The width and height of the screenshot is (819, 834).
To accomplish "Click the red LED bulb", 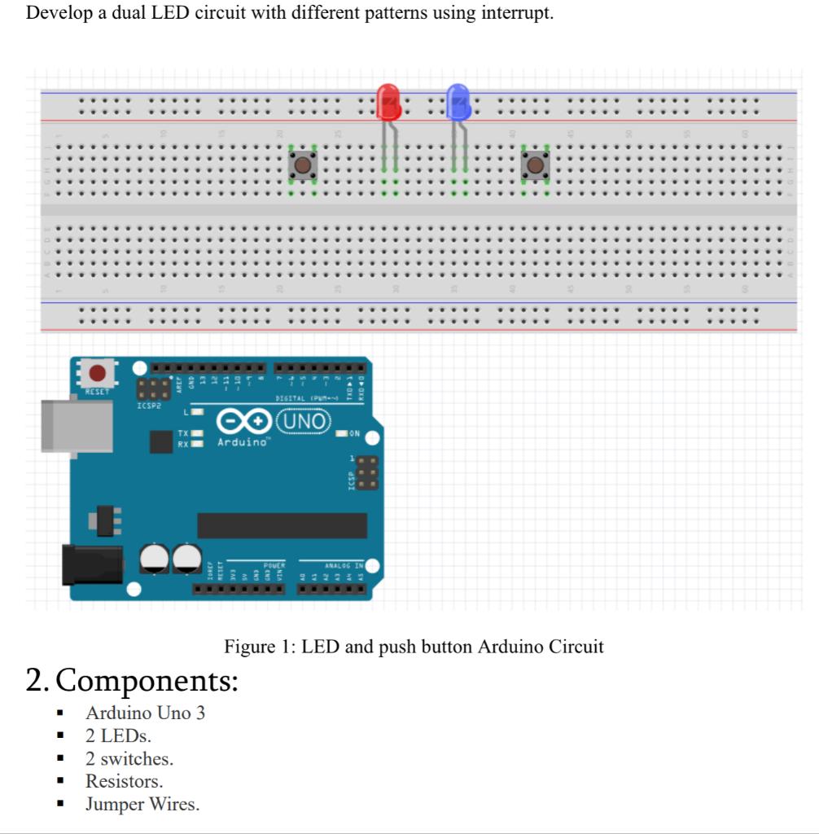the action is [389, 101].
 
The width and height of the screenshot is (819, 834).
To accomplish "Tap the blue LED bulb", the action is [458, 101].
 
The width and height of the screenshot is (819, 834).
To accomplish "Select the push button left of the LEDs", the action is [303, 165].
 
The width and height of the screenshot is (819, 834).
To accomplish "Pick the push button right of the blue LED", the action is [534, 165].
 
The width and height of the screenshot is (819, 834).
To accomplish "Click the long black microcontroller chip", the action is [282, 525].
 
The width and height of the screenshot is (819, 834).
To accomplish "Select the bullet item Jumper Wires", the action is [142, 805].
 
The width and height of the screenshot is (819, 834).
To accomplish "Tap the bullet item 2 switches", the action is [129, 759].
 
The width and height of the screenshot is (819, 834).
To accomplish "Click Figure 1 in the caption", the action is [259, 647].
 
